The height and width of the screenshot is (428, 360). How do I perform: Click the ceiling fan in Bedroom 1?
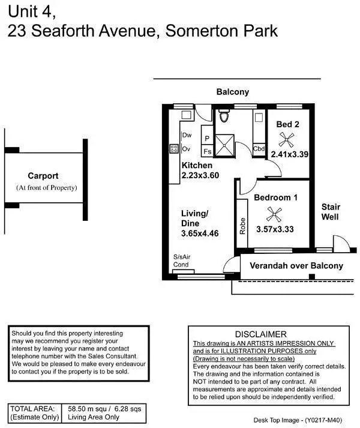click(275, 214)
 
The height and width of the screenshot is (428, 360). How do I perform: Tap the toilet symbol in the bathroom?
click(224, 116)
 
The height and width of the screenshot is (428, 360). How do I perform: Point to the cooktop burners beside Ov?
click(175, 148)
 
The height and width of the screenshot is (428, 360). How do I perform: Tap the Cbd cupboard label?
click(259, 149)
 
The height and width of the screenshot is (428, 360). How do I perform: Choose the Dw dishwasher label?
click(187, 135)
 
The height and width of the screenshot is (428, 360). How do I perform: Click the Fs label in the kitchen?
click(207, 152)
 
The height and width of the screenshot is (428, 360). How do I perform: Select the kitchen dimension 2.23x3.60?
click(200, 176)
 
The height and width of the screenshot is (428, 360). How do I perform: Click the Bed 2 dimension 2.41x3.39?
click(289, 154)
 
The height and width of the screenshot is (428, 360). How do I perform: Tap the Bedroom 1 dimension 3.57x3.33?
click(275, 229)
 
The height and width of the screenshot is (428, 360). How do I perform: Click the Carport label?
click(43, 176)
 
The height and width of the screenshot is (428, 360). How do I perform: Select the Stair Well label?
click(331, 211)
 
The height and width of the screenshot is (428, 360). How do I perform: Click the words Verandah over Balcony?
click(296, 265)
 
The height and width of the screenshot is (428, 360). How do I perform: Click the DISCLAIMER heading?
click(261, 334)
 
